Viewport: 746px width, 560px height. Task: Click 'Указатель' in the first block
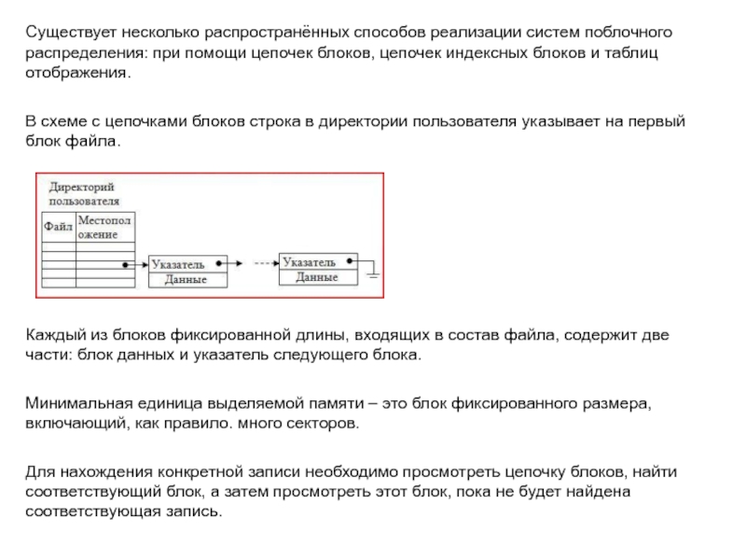pos(178,265)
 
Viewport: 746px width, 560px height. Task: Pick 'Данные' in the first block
pos(186,279)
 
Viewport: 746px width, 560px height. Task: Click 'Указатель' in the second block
pos(309,261)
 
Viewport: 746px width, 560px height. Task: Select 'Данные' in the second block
pos(317,277)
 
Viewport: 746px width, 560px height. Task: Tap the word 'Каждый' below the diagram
pos(52,335)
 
